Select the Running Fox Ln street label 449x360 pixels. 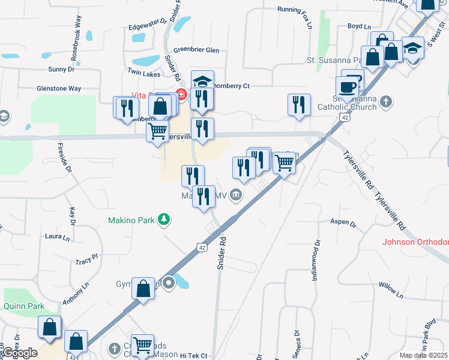pos(295,10)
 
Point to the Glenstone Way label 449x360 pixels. pos(58,88)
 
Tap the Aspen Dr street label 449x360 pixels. pos(343,222)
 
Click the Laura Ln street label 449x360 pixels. pos(58,236)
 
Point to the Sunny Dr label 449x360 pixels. pos(62,70)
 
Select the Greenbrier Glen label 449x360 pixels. pos(196,50)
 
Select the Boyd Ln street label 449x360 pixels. pos(360,26)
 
